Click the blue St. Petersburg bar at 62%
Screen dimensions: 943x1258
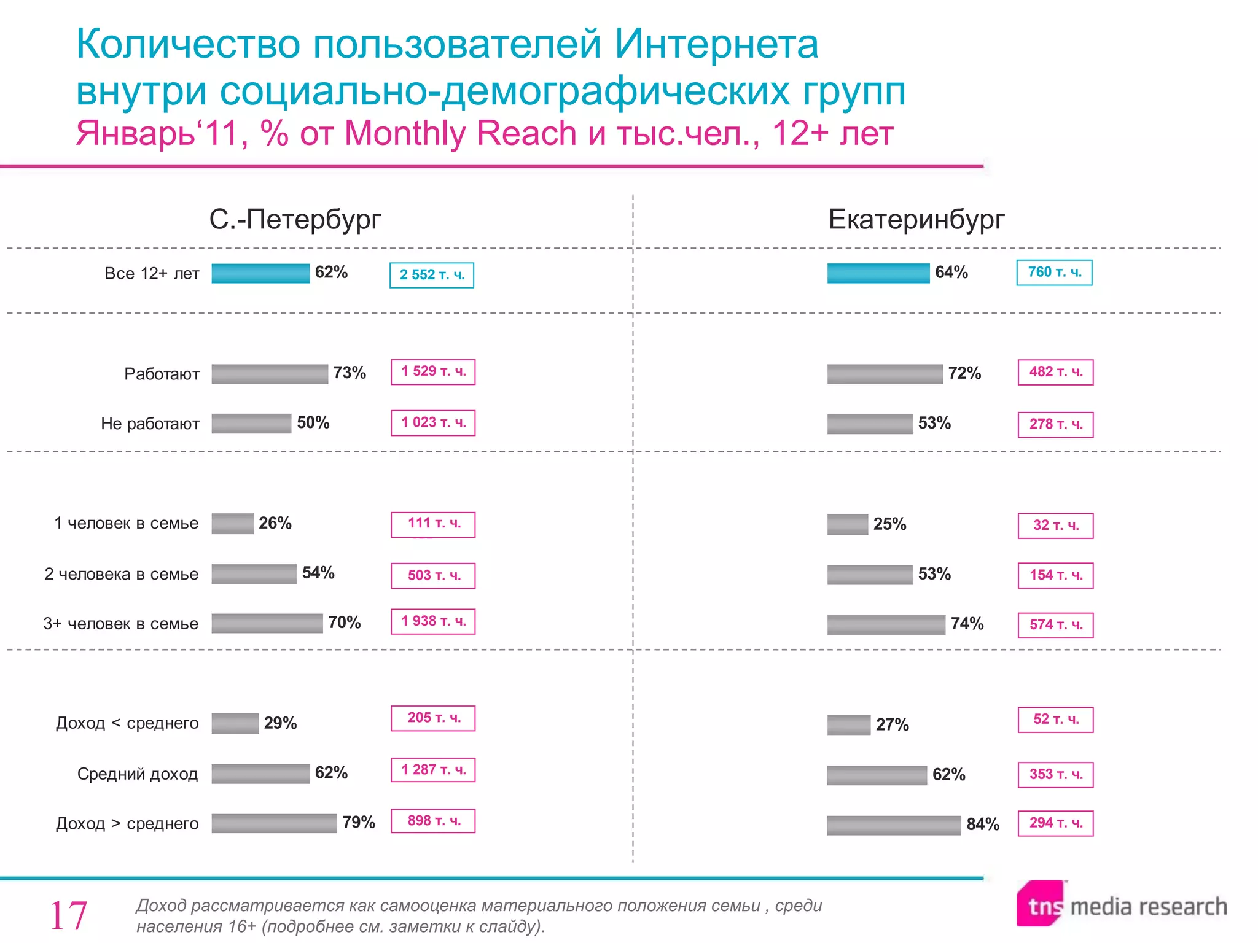pyautogui.click(x=260, y=273)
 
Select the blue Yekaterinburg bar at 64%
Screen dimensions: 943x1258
pyautogui.click(x=878, y=273)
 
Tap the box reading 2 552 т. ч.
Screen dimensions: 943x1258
pyautogui.click(x=432, y=275)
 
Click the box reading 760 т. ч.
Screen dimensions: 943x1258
pyautogui.click(x=1054, y=273)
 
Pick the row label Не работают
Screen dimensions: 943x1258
pyautogui.click(x=150, y=424)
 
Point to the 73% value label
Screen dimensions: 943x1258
pyautogui.click(x=350, y=373)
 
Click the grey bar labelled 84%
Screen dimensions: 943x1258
pyautogui.click(x=893, y=825)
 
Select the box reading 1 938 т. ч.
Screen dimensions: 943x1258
pyautogui.click(x=433, y=621)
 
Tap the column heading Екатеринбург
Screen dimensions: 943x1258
pyautogui.click(x=916, y=219)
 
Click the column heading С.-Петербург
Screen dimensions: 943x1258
pyautogui.click(x=295, y=219)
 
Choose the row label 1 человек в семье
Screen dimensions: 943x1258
pyautogui.click(x=127, y=523)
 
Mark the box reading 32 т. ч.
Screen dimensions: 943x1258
pyautogui.click(x=1055, y=526)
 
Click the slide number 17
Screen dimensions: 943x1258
pyautogui.click(x=68, y=915)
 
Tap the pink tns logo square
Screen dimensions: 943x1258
pyautogui.click(x=1041, y=904)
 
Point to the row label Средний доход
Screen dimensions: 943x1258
pyautogui.click(x=138, y=774)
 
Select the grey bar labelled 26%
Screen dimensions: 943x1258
pyautogui.click(x=232, y=524)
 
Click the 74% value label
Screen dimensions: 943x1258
pyautogui.click(x=967, y=624)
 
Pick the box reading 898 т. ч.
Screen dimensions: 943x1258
pyautogui.click(x=433, y=821)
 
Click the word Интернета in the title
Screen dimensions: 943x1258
pyautogui.click(x=716, y=44)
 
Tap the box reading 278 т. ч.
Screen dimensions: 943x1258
pyautogui.click(x=1055, y=424)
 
